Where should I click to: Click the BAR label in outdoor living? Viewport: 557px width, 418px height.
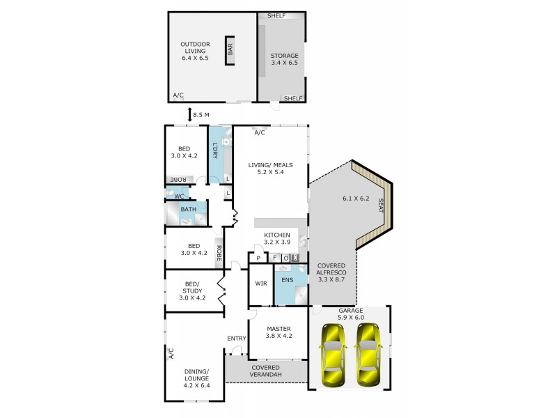tap(229, 49)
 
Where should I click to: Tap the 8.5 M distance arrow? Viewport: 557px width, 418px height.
tap(189, 114)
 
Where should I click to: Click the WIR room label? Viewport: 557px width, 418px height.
tap(260, 284)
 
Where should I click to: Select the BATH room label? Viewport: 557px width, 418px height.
tap(188, 209)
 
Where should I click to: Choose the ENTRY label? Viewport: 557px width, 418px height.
tap(237, 339)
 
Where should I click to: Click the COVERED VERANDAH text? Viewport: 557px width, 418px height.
tap(265, 372)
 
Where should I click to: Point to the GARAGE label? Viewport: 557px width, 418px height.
tap(350, 311)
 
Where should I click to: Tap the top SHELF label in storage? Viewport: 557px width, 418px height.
tap(276, 15)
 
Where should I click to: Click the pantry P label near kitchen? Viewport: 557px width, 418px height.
tap(258, 258)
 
